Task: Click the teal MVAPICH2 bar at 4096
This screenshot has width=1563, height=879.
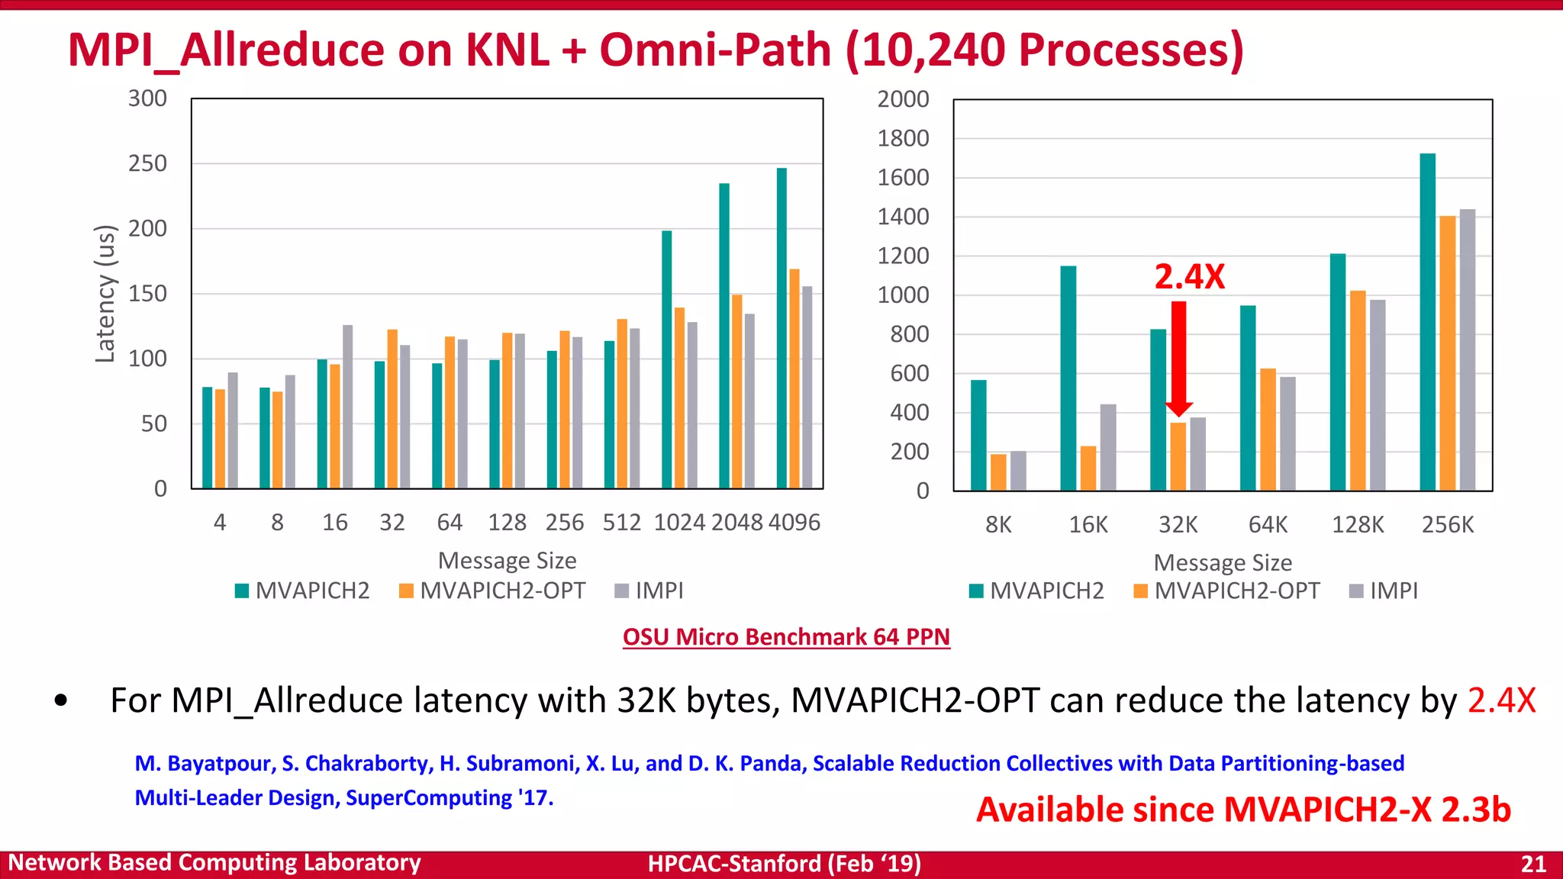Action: click(x=781, y=328)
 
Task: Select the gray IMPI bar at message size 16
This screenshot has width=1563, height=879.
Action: click(x=348, y=407)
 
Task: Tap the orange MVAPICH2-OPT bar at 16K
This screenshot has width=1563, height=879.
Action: click(x=1088, y=468)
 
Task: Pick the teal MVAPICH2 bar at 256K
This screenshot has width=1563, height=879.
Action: click(x=1427, y=322)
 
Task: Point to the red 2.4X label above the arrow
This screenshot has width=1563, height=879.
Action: click(x=1189, y=277)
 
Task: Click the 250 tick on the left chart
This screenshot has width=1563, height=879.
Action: click(x=147, y=163)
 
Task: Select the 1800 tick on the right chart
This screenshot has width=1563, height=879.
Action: click(x=903, y=138)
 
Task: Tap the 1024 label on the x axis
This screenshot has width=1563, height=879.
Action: click(x=679, y=523)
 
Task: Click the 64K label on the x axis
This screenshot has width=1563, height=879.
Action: click(x=1268, y=525)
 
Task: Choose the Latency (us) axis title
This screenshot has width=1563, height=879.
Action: click(x=105, y=294)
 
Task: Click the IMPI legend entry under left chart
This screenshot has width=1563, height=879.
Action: click(x=649, y=591)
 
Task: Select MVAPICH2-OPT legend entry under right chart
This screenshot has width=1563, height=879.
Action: click(x=1227, y=591)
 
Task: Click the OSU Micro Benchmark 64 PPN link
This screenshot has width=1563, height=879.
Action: click(x=786, y=636)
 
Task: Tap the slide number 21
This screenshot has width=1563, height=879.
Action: click(x=1533, y=864)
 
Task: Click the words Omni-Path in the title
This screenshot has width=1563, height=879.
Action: click(x=714, y=50)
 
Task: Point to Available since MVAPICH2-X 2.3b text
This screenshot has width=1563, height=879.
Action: click(x=1243, y=810)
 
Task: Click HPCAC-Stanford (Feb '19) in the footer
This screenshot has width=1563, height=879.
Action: click(x=784, y=864)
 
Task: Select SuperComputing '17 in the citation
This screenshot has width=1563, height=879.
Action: click(x=449, y=798)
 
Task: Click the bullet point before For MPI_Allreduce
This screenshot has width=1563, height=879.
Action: click(x=62, y=700)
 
